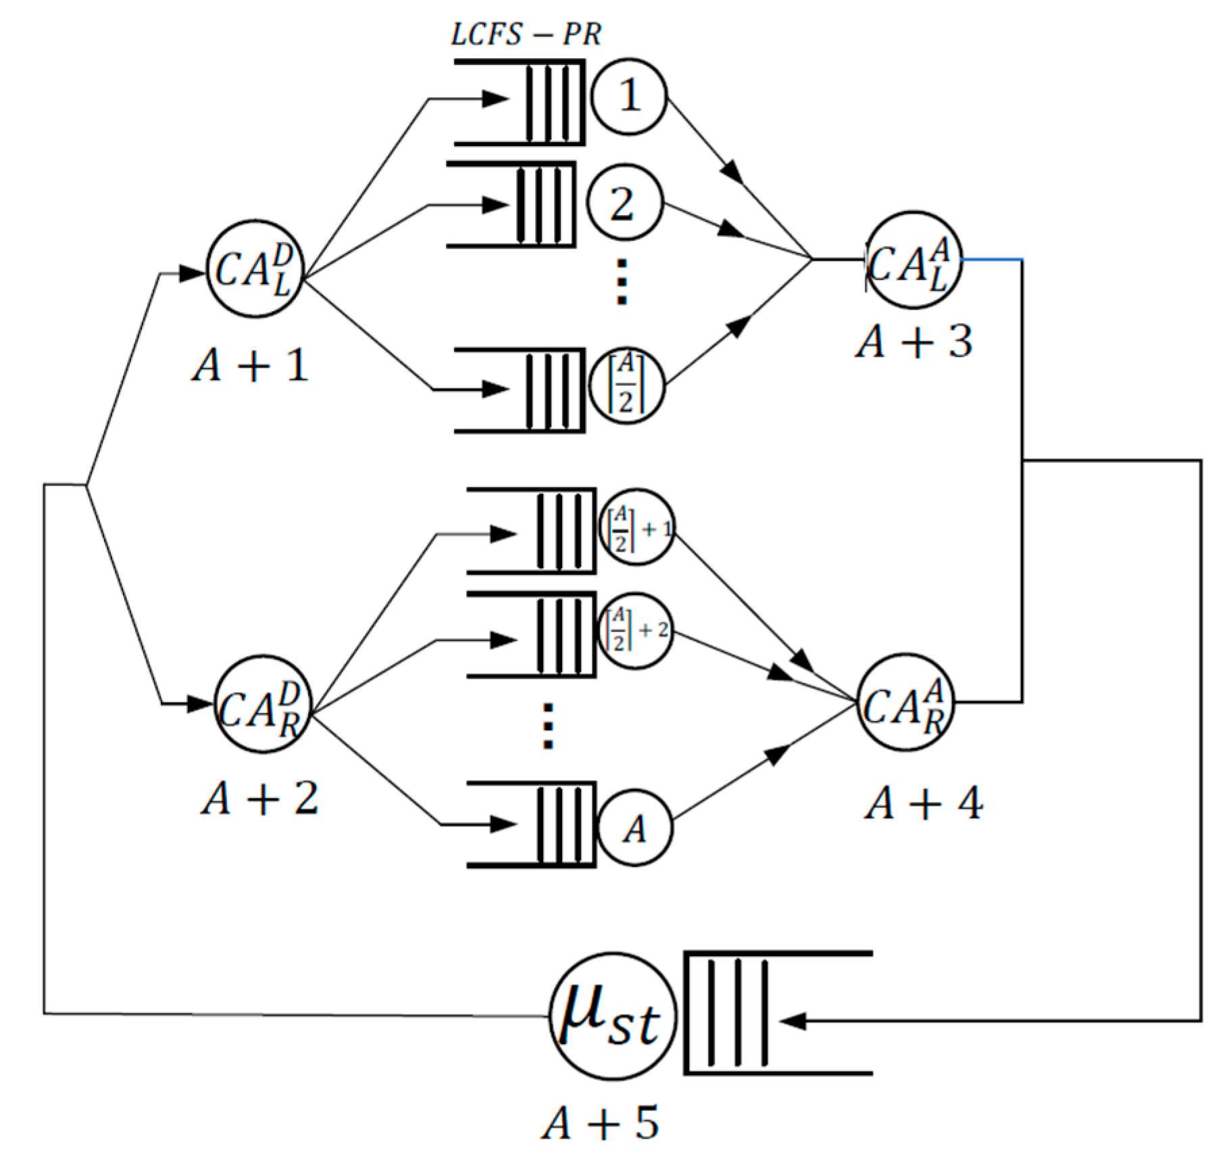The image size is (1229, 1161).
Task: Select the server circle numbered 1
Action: pyautogui.click(x=629, y=96)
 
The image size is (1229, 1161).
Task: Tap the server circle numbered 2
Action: pyautogui.click(x=623, y=204)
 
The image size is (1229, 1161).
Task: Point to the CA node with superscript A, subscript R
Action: pyautogui.click(x=905, y=702)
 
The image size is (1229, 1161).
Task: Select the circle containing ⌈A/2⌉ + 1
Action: pyautogui.click(x=636, y=527)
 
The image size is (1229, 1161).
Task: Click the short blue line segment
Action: pyautogui.click(x=992, y=259)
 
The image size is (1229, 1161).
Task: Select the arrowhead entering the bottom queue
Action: pyautogui.click(x=793, y=1022)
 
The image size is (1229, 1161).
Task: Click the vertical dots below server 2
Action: pyautogui.click(x=622, y=281)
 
